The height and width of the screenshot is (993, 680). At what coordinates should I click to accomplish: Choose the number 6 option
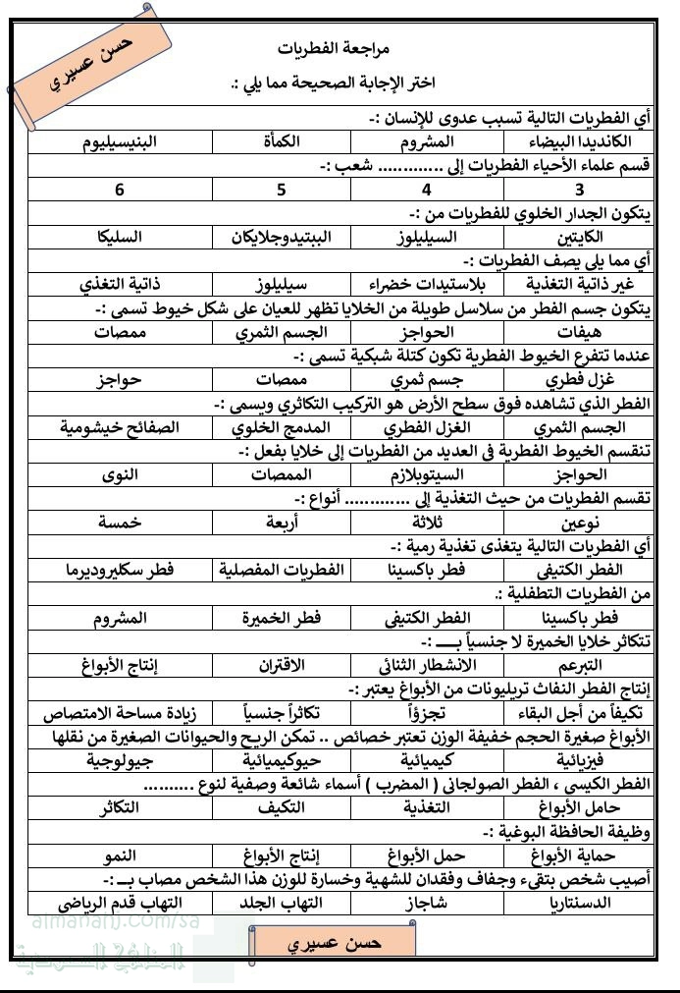(119, 190)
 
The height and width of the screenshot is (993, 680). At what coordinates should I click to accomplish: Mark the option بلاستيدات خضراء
(425, 285)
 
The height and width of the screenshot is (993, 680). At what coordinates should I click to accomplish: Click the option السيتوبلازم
(425, 474)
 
